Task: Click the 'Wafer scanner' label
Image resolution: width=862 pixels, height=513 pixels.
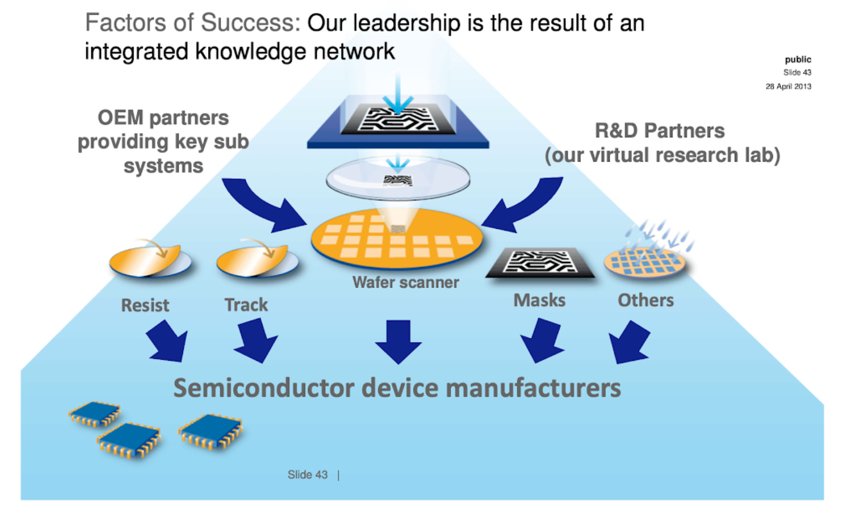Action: (x=406, y=282)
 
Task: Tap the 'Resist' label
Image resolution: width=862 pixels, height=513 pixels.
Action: (x=145, y=305)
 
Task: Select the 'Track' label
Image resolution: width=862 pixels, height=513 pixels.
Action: (x=246, y=305)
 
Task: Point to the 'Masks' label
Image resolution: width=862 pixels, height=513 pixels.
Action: (x=539, y=300)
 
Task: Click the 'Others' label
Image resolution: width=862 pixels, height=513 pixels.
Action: (x=645, y=300)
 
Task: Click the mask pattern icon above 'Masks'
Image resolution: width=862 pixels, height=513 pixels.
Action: (x=539, y=262)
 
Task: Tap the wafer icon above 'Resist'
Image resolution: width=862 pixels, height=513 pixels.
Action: (x=150, y=261)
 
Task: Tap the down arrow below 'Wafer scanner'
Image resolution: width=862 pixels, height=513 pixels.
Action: (x=398, y=341)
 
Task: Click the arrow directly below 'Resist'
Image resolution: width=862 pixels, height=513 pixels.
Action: (x=167, y=341)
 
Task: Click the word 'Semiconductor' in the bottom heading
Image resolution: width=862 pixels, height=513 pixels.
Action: (x=264, y=388)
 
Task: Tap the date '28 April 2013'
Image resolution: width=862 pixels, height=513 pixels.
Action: (x=788, y=86)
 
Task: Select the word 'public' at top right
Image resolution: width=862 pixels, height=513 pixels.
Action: (x=798, y=59)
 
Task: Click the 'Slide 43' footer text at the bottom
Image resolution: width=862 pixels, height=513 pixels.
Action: (x=307, y=475)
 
